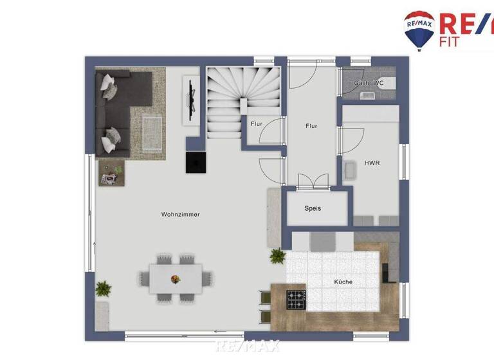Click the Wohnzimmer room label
click(180, 214)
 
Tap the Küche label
click(343, 282)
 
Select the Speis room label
click(313, 208)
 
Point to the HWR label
click(372, 163)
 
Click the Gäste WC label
click(369, 83)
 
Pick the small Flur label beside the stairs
click(256, 123)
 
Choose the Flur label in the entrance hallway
click(311, 126)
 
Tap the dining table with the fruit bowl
click(176, 279)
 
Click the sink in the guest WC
click(368, 96)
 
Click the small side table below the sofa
click(111, 173)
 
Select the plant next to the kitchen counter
click(278, 256)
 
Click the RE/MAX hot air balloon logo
click(419, 30)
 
